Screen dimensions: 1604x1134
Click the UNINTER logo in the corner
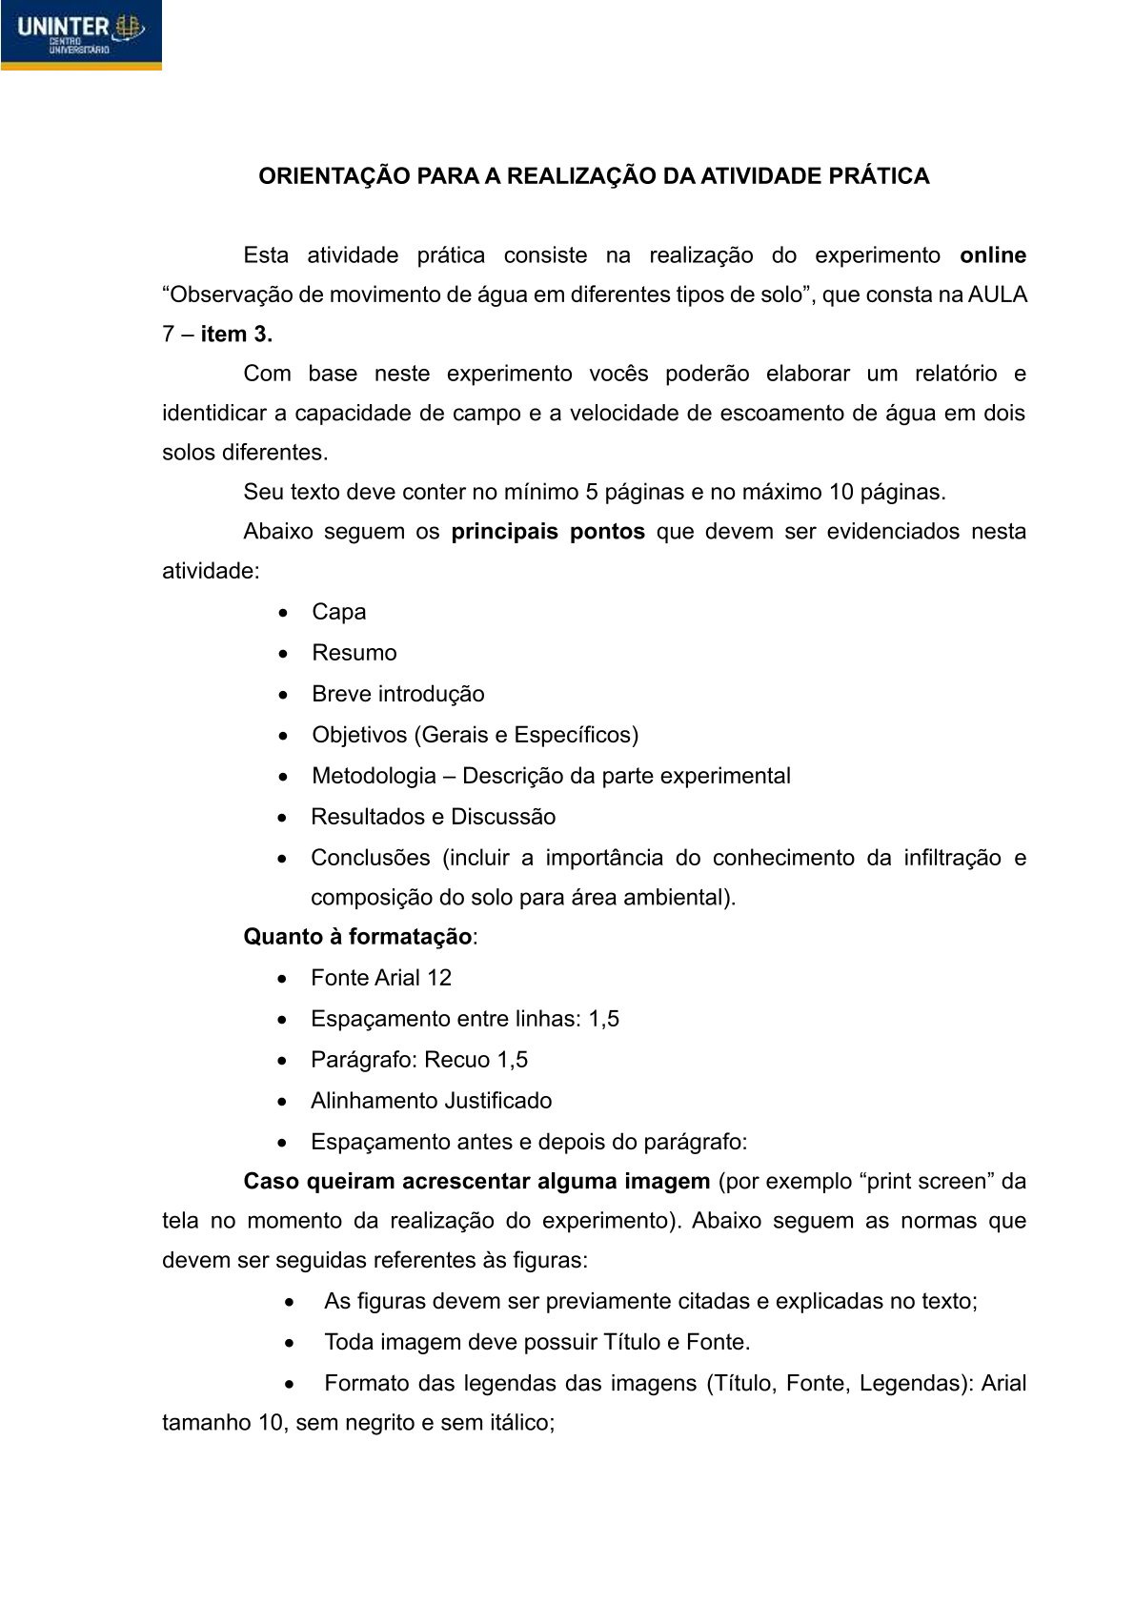click(80, 34)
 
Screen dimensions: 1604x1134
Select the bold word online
click(993, 255)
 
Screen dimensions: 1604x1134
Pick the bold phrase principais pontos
click(548, 532)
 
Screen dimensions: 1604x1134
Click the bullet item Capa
click(338, 612)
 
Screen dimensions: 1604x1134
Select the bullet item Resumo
click(354, 653)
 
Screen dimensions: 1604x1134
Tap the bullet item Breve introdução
click(397, 694)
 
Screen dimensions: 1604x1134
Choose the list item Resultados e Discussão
click(433, 817)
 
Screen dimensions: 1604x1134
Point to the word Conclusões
click(370, 858)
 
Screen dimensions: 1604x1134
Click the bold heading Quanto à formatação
click(357, 937)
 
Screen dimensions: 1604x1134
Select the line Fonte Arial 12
click(380, 978)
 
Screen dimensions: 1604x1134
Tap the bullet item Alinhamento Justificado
click(431, 1101)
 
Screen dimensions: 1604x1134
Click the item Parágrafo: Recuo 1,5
click(418, 1060)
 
